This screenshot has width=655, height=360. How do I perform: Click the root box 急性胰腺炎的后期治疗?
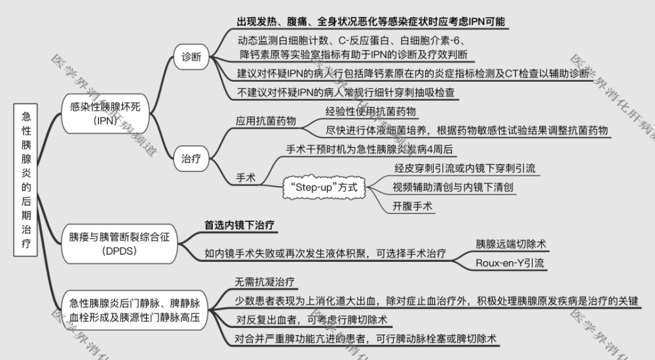26,179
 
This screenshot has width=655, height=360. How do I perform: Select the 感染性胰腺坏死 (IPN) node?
105,114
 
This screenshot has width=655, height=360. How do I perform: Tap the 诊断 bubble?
191,57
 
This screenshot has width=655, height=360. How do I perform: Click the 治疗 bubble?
191,158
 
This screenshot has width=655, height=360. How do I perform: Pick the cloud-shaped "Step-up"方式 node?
324,187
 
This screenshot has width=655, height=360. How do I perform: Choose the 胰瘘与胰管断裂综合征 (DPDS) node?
119,244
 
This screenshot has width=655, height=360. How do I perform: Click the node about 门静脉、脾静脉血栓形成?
134,310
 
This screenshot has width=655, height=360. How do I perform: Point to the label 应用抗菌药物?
266,121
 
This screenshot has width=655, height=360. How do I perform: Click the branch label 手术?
246,178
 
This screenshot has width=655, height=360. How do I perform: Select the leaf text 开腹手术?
412,206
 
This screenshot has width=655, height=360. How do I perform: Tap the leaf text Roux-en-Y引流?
510,263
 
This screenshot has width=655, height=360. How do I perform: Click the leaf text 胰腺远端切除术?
511,244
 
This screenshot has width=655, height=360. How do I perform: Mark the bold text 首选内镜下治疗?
239,226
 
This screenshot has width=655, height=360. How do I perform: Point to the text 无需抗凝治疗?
265,282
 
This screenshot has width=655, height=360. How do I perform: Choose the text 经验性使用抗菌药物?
371,111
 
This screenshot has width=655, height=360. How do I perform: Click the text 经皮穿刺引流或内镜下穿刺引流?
465,168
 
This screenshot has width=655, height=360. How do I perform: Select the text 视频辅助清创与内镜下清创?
453,187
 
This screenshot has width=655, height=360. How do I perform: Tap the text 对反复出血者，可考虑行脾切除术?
312,320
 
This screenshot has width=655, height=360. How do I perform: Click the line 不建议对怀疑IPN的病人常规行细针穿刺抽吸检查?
346,92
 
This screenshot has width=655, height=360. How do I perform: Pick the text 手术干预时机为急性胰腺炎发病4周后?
369,149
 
